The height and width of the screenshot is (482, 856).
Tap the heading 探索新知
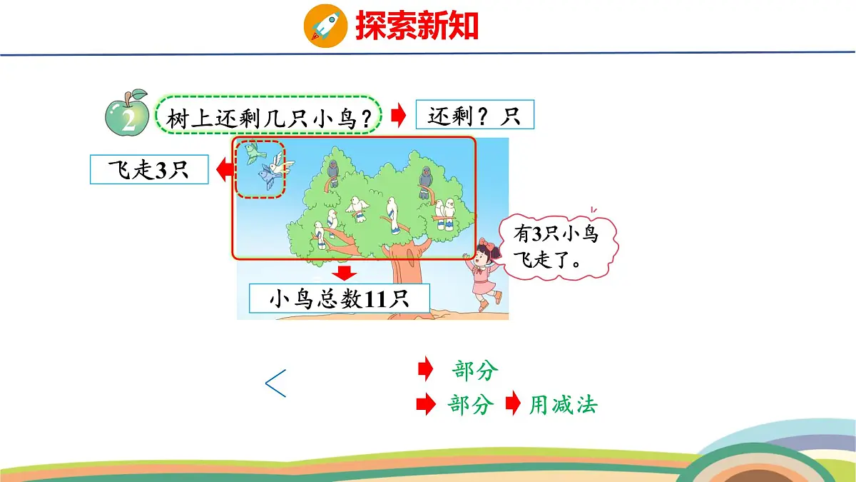(x=417, y=26)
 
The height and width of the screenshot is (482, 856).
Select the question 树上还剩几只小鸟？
(x=270, y=116)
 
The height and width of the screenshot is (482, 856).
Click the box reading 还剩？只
(x=474, y=114)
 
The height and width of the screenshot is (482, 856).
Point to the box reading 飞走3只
(x=149, y=170)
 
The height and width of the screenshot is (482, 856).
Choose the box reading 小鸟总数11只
(x=340, y=298)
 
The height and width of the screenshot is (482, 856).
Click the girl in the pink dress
(x=483, y=275)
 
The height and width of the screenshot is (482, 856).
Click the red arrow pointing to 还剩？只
(x=399, y=114)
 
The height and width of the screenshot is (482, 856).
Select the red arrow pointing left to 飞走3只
(x=223, y=169)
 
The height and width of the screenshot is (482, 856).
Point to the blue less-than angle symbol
(x=275, y=383)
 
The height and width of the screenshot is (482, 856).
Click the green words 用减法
(x=563, y=406)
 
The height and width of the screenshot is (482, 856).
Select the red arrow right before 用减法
(x=513, y=405)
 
